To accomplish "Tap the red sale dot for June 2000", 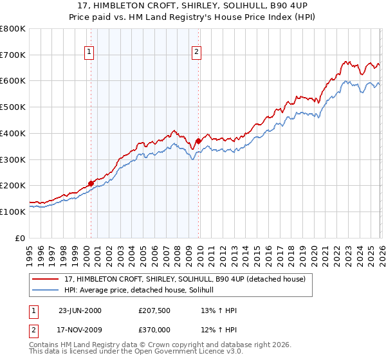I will pos(91,183).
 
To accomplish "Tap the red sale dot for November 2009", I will pos(198,141).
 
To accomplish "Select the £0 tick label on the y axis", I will pos(21,238).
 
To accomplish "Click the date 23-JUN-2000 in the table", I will pos(80,310).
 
